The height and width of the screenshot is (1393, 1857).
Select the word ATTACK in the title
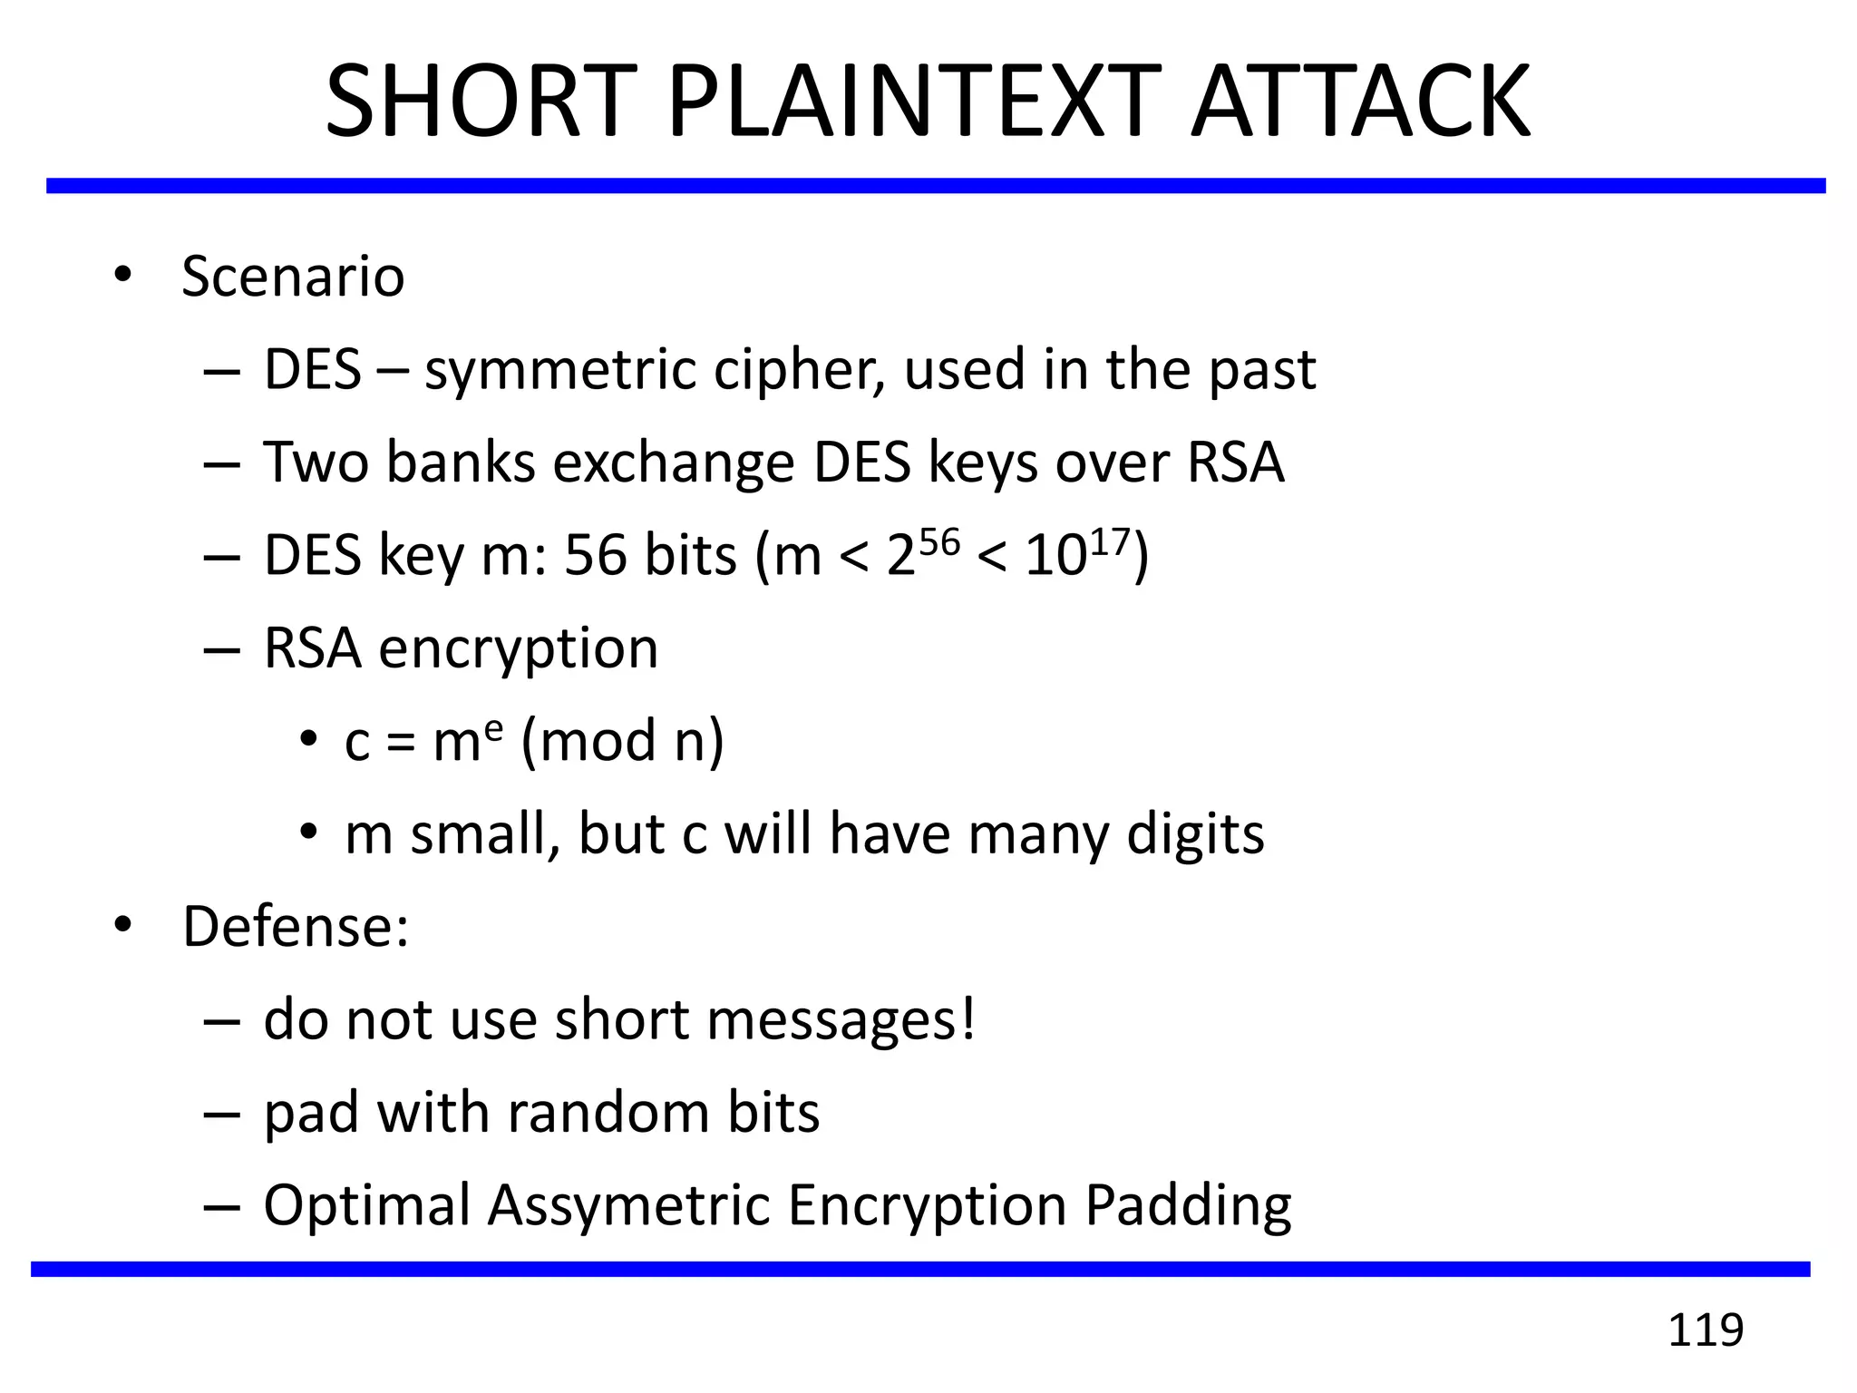tap(1360, 102)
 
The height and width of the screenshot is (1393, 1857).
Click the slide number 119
tap(1706, 1330)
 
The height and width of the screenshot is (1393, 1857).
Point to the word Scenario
tap(292, 277)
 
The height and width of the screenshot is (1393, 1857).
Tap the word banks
tap(461, 463)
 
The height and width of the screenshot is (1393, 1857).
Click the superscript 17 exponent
tap(1110, 541)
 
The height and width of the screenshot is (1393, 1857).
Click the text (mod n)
tap(623, 742)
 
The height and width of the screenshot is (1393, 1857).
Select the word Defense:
tap(296, 927)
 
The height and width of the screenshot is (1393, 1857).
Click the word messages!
tap(841, 1020)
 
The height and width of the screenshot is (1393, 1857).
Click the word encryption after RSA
tap(518, 649)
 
